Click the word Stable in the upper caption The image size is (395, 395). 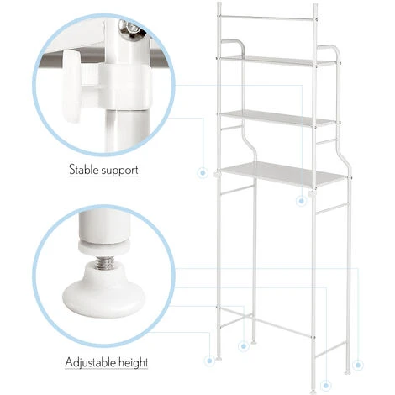(x=83, y=170)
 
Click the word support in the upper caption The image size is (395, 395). (x=120, y=171)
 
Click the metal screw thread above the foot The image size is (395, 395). (x=104, y=262)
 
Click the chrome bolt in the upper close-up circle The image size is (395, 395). (x=131, y=29)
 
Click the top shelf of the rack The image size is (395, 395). (x=277, y=61)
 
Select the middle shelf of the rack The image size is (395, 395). (x=277, y=118)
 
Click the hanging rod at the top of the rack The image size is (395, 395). (x=267, y=18)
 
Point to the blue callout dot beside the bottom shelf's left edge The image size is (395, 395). (x=203, y=173)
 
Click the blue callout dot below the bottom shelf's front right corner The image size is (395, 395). (x=301, y=201)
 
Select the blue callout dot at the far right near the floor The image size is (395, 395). (x=358, y=365)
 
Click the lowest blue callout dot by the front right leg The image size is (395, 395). (x=325, y=386)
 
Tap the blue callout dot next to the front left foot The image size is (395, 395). (x=209, y=361)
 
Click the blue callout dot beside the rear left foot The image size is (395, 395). (x=244, y=346)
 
